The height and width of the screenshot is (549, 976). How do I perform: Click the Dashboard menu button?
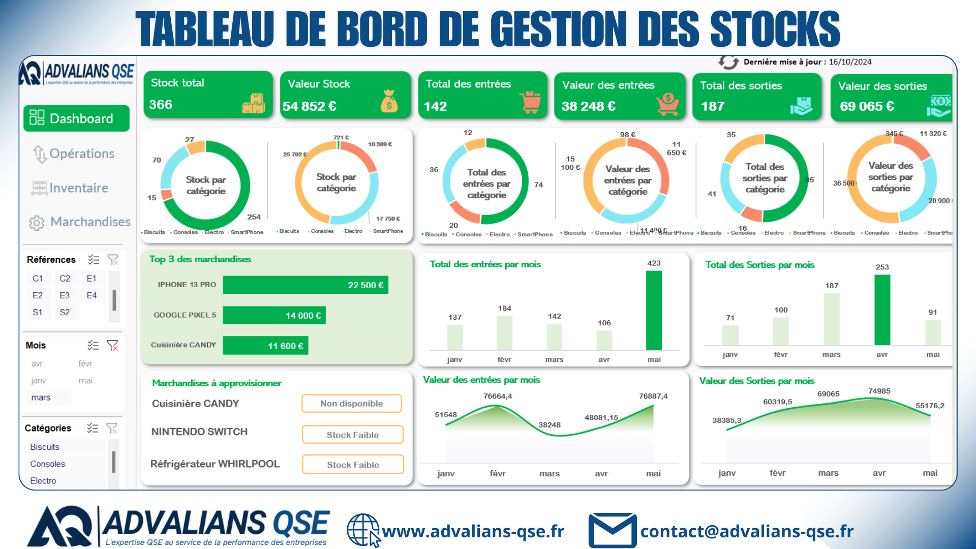point(76,118)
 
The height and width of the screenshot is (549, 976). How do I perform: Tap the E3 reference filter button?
point(65,295)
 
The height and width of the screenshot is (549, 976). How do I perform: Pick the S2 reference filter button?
point(65,312)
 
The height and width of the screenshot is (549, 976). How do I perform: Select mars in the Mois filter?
point(41,398)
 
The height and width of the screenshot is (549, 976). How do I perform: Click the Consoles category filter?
point(48,464)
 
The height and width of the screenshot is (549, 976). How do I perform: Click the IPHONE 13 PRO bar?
point(306,285)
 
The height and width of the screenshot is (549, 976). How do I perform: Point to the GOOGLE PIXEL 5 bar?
point(274,315)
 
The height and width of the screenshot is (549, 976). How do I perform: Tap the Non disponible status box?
point(352,404)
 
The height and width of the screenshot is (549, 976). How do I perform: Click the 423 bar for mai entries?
point(654,310)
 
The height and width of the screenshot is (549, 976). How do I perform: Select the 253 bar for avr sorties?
point(882,310)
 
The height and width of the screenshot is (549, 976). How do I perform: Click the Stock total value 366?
point(161,105)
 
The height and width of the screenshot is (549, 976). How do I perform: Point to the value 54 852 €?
point(310,106)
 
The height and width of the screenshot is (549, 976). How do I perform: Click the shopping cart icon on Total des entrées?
point(531,102)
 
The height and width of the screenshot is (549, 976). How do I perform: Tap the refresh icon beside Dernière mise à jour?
point(728,62)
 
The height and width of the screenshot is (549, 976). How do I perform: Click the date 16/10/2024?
point(850,62)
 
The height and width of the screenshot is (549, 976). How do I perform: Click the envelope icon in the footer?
point(612,530)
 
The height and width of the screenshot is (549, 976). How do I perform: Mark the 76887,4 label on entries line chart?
point(653,396)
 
